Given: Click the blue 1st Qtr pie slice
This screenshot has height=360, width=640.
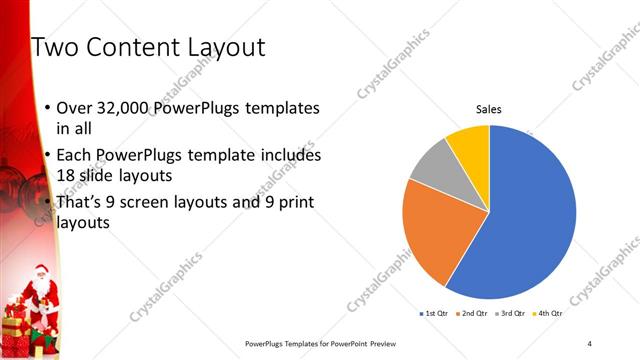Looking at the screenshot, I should (x=530, y=220).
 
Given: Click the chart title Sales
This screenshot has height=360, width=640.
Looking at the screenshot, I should (x=488, y=110).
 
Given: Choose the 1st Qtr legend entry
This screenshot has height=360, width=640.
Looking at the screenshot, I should (x=433, y=313).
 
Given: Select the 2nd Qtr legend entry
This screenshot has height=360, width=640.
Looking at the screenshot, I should (x=473, y=313).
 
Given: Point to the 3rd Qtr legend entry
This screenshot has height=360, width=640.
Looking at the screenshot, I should (x=512, y=313).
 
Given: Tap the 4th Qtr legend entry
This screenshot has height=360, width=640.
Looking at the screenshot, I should (x=549, y=313).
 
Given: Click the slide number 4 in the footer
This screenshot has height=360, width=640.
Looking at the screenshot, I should (x=590, y=343).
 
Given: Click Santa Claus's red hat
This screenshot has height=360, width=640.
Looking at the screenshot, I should (x=40, y=268).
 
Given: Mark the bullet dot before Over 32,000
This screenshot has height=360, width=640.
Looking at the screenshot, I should (x=48, y=108).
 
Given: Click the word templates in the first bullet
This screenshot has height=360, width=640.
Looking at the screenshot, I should (x=282, y=108).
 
